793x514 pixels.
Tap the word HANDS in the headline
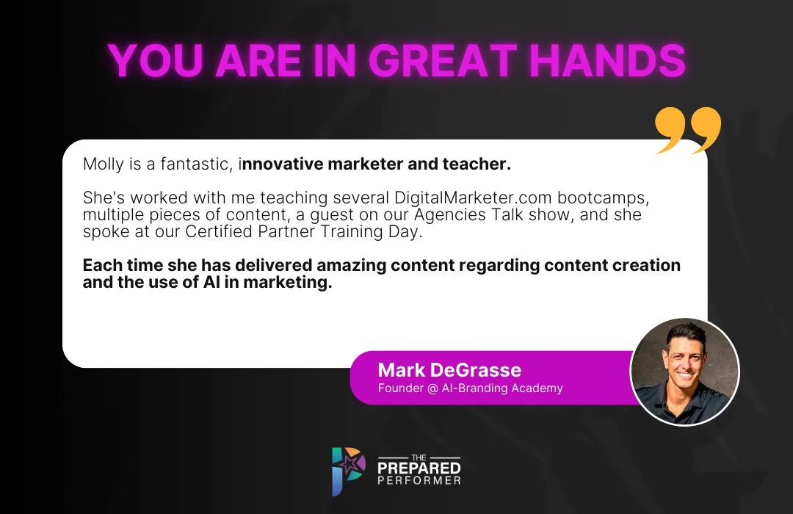607,61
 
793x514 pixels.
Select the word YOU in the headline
156,61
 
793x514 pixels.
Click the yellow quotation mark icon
688,130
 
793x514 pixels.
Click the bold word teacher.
477,164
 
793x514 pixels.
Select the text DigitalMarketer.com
474,198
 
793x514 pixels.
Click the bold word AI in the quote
212,282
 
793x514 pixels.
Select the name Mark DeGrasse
449,370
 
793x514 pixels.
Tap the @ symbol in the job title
432,388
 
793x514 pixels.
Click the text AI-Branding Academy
502,388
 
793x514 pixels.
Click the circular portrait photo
685,372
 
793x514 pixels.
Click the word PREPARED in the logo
419,468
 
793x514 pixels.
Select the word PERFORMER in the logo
419,481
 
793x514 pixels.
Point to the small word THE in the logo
419,457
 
